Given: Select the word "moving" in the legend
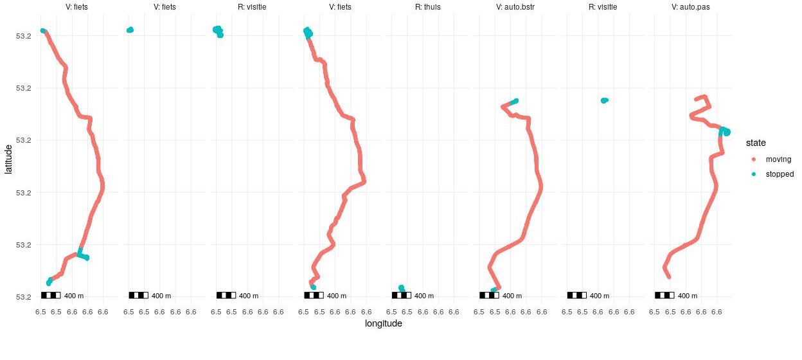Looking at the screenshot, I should [x=778, y=159].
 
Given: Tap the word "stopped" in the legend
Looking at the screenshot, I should [x=780, y=174].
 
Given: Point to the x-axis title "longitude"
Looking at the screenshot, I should [x=383, y=324].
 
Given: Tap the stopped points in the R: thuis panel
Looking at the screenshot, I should [x=402, y=289].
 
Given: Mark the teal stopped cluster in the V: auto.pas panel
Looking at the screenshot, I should [x=725, y=132].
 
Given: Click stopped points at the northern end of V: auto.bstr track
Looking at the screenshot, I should [x=513, y=102].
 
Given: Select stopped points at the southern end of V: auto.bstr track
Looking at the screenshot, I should [x=493, y=291].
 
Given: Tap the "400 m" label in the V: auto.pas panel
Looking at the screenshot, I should [x=688, y=296].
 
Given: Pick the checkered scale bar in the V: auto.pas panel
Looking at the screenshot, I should [x=664, y=295].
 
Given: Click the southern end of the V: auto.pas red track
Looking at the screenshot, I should [x=668, y=276].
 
